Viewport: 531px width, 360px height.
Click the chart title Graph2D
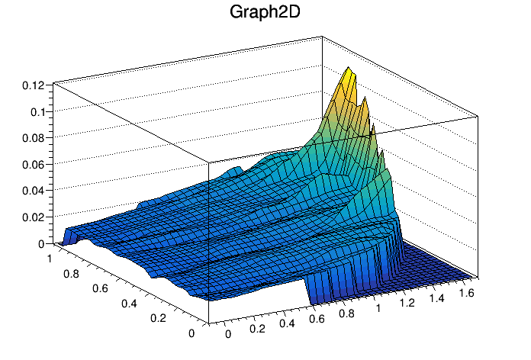pos(265,13)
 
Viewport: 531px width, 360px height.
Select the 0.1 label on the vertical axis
pos(36,111)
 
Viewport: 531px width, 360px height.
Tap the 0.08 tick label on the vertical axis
pos(33,138)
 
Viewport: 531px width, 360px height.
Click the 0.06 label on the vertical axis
pos(33,164)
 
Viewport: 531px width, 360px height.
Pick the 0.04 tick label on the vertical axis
pos(33,191)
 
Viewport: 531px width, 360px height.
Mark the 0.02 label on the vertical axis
pos(33,217)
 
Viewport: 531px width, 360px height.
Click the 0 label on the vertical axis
pos(40,243)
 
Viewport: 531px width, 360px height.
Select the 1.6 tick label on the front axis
pos(470,292)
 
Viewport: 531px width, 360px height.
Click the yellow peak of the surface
pos(349,76)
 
